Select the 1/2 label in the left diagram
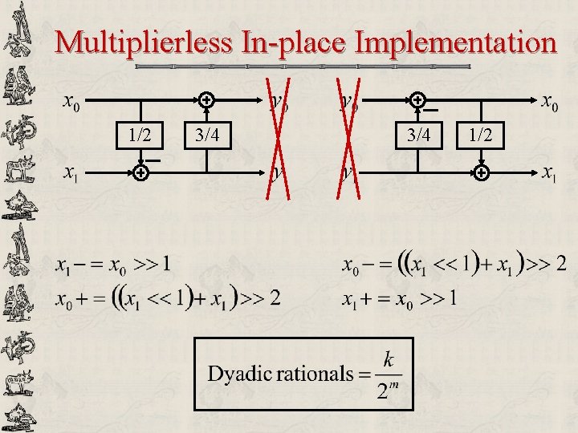[x=140, y=135]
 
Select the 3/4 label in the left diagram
[x=207, y=135]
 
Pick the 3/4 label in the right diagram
[x=419, y=135]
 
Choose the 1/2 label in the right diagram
[x=482, y=135]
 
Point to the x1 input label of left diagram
[x=71, y=172]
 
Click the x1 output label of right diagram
[x=549, y=172]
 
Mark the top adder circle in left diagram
[x=206, y=101]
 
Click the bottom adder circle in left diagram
[x=140, y=172]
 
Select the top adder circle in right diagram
[x=418, y=101]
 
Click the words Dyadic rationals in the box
[x=280, y=373]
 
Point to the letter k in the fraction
[x=389, y=360]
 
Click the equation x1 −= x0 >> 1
[x=112, y=263]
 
